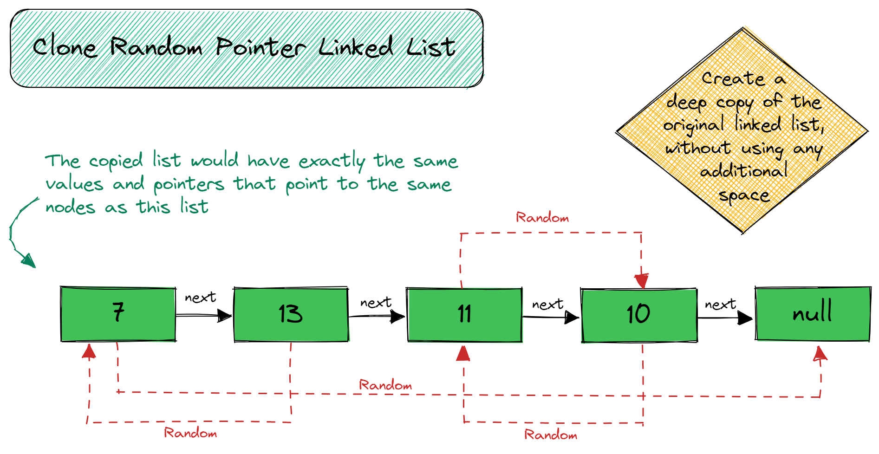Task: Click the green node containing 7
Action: [118, 314]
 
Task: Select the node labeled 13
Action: [291, 314]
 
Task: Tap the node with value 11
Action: [464, 315]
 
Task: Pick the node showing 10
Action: [638, 315]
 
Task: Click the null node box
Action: [813, 313]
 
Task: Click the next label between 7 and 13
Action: [201, 297]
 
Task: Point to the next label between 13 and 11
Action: [376, 303]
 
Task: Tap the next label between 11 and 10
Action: [547, 305]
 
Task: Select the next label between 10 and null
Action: [720, 305]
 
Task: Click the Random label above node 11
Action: [542, 217]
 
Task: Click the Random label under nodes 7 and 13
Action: [190, 433]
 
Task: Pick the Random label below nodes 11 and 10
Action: [551, 435]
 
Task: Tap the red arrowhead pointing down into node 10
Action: [642, 281]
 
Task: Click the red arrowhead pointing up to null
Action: [820, 353]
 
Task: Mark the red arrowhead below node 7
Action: [89, 351]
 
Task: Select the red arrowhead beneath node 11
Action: [463, 353]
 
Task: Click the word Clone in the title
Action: [65, 47]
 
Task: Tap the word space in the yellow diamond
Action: [744, 195]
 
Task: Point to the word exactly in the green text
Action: [332, 161]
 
